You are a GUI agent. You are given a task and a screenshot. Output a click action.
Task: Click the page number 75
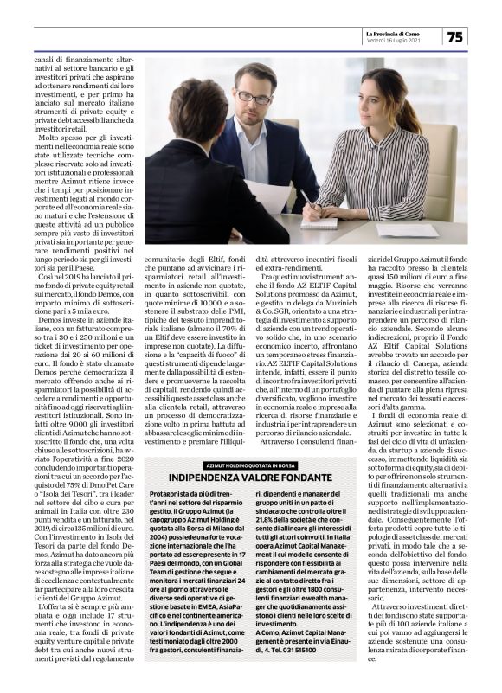pyautogui.click(x=455, y=37)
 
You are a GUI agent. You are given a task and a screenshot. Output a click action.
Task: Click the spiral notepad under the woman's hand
pyautogui.click(x=319, y=221)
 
